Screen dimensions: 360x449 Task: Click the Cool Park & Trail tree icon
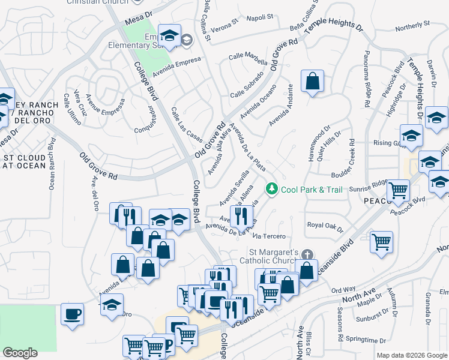[x=272, y=190]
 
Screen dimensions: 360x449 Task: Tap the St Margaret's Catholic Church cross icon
[x=307, y=254]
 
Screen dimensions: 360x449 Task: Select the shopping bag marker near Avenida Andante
[x=312, y=82]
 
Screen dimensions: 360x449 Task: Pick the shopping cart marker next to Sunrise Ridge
[x=399, y=191]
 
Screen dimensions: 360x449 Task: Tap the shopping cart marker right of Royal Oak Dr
[x=382, y=242]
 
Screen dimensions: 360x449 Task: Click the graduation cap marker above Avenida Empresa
[x=170, y=35]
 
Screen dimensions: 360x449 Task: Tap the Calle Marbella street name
[x=248, y=59]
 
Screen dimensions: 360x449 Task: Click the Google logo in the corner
[x=20, y=353]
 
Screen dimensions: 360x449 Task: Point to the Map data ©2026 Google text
[x=411, y=355]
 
